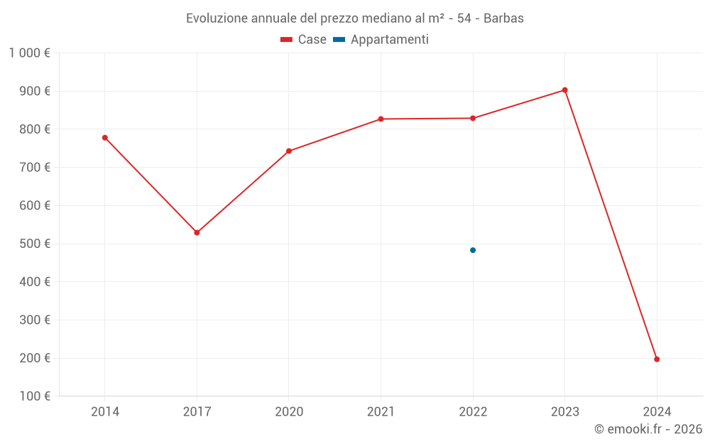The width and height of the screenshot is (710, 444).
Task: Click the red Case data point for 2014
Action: (x=105, y=138)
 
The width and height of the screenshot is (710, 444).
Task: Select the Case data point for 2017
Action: (x=197, y=233)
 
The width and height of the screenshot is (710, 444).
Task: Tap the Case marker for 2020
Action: (x=289, y=151)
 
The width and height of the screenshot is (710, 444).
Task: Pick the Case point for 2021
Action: (x=381, y=119)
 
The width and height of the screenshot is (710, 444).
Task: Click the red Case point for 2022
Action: (x=473, y=118)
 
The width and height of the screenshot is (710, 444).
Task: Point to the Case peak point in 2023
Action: (x=564, y=90)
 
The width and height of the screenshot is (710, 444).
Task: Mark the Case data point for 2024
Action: (x=657, y=359)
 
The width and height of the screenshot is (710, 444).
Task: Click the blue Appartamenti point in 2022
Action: (x=473, y=250)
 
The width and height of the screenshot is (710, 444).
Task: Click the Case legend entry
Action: (x=304, y=40)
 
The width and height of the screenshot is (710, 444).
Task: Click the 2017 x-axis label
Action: (x=197, y=412)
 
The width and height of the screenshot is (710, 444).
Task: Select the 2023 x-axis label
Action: (x=564, y=412)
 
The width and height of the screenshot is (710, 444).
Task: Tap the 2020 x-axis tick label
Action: (x=289, y=412)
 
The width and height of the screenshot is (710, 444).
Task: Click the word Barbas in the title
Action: (x=503, y=18)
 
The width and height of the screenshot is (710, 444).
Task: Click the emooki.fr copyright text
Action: (x=648, y=429)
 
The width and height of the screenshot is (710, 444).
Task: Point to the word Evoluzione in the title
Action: (x=216, y=18)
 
